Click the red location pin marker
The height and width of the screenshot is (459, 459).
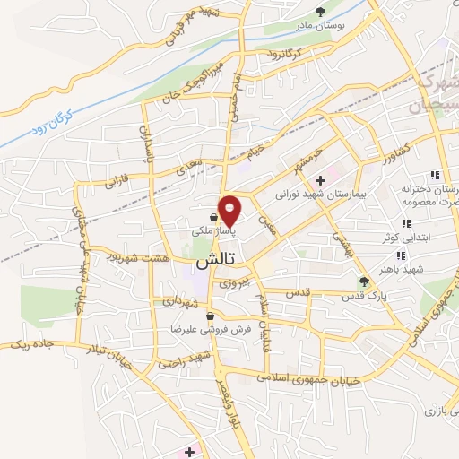point(230,210)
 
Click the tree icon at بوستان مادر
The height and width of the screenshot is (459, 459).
point(322,12)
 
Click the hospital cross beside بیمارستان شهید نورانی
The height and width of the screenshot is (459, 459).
point(320,180)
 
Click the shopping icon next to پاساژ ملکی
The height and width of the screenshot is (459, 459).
point(212,217)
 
